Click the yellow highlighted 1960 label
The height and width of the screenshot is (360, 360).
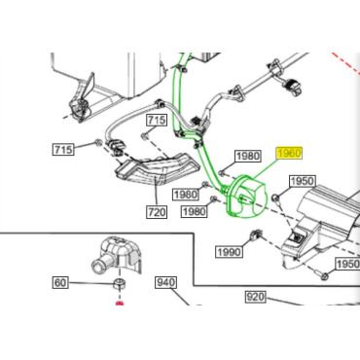pyautogui.click(x=289, y=153)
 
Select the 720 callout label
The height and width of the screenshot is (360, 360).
pyautogui.click(x=157, y=212)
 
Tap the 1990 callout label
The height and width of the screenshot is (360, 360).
pyautogui.click(x=230, y=252)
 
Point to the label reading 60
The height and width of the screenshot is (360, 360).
pyautogui.click(x=60, y=282)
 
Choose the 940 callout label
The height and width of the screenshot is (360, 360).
pyautogui.click(x=166, y=282)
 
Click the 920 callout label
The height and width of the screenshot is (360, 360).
pyautogui.click(x=255, y=297)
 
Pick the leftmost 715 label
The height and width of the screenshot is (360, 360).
pyautogui.click(x=63, y=150)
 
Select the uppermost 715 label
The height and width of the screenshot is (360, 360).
pyautogui.click(x=157, y=121)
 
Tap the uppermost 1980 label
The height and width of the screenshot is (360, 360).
pyautogui.click(x=248, y=156)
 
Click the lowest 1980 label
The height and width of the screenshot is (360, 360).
pyautogui.click(x=194, y=212)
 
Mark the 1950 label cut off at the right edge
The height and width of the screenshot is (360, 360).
pyautogui.click(x=347, y=264)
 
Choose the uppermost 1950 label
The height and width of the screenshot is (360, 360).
pyautogui.click(x=302, y=181)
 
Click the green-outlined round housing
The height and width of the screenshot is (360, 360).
pyautogui.click(x=247, y=198)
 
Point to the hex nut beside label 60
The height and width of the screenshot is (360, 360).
pyautogui.click(x=119, y=284)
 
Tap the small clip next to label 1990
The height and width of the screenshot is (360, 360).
pyautogui.click(x=256, y=236)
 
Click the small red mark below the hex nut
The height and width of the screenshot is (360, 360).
pyautogui.click(x=120, y=304)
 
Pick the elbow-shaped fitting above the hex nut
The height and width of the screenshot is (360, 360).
pyautogui.click(x=117, y=255)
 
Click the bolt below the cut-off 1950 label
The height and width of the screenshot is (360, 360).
pyautogui.click(x=324, y=276)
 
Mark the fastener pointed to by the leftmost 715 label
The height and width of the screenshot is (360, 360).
pyautogui.click(x=97, y=142)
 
